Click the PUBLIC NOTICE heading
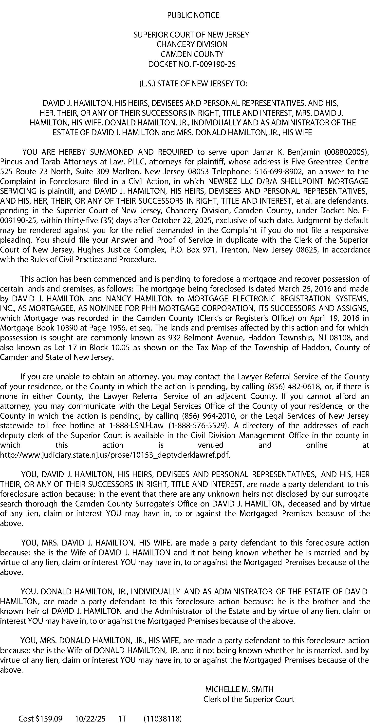coord(193,15)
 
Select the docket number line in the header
coord(192,64)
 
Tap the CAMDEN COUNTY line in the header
coord(192,54)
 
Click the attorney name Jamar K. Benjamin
coord(286,152)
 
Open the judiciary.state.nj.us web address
coord(115,455)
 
